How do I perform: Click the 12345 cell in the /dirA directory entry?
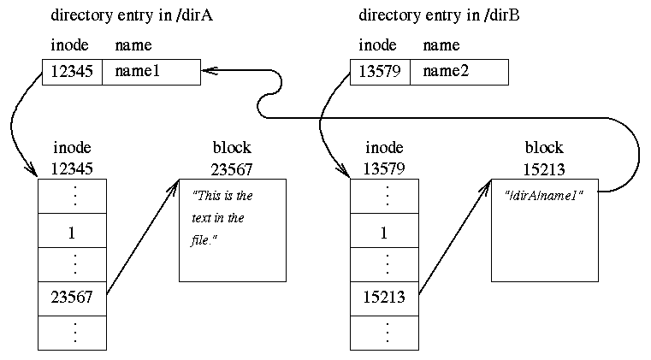73,73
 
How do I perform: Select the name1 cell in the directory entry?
151,73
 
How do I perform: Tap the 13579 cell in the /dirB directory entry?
381,73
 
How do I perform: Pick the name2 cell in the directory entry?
459,73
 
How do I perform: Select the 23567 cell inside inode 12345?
73,298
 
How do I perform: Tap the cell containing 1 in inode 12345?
73,232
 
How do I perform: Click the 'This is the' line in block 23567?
222,196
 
